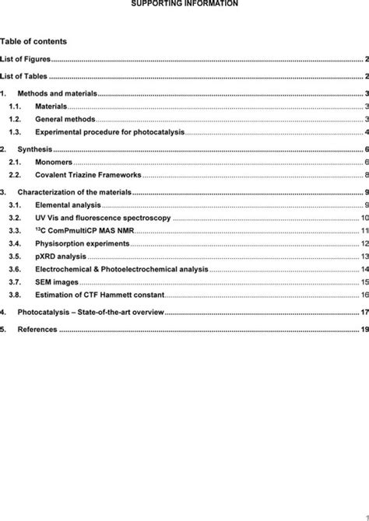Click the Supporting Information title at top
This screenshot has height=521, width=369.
tap(184, 4)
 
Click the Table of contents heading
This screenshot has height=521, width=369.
tap(33, 41)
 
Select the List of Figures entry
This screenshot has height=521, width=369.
tap(26, 59)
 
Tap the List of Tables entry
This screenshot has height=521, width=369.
tap(24, 76)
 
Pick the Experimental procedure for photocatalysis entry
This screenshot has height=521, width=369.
tap(110, 132)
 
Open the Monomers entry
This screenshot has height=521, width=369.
tap(54, 162)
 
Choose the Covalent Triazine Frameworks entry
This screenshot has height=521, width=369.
tap(88, 176)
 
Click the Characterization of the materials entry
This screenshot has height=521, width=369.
tap(76, 191)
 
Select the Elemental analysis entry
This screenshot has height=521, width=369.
tap(68, 205)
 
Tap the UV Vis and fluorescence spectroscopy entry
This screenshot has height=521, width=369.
tap(103, 219)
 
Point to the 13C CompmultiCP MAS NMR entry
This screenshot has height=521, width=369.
tap(85, 231)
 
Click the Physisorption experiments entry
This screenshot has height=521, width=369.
tap(82, 243)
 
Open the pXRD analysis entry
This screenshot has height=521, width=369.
tap(61, 256)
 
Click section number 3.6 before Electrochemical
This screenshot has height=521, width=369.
tap(14, 269)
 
